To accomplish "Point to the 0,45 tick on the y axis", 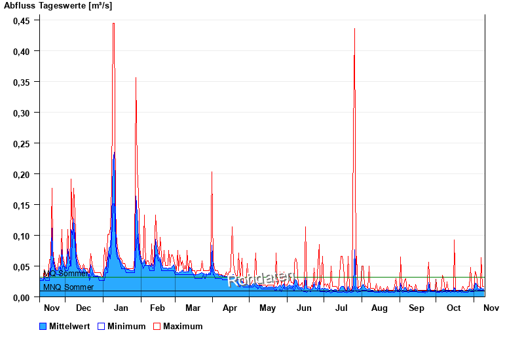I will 22,20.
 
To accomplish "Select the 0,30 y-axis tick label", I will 22,113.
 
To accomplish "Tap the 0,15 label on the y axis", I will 22,205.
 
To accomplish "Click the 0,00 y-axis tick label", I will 22,297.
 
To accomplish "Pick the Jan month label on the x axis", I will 121,308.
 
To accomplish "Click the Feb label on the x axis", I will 157,308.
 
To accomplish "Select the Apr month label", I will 230,308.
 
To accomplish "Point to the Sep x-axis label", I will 417,308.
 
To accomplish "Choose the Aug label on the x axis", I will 379,308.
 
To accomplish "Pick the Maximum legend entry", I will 183,326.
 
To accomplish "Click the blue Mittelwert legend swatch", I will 43,326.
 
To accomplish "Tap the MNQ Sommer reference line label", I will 68,287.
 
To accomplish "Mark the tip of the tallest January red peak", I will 113,24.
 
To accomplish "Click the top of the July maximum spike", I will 354,29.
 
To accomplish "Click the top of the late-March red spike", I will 212,172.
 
